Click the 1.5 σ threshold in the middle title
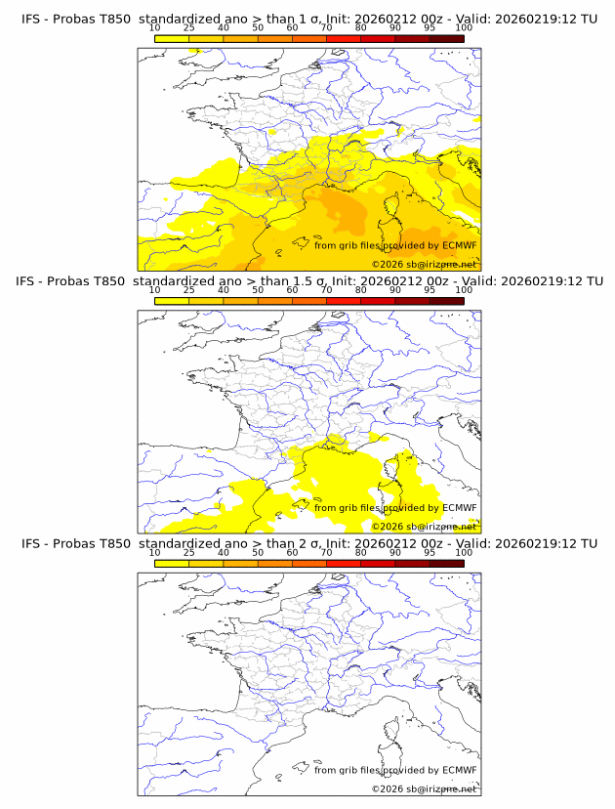[278, 281]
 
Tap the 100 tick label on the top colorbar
[464, 29]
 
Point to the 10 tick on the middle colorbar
[154, 291]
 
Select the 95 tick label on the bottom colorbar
[430, 553]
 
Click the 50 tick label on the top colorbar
[258, 29]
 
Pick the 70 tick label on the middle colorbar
[326, 291]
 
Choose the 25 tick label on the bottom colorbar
[188, 553]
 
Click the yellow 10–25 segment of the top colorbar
[172, 38]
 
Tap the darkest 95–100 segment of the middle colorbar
[446, 300]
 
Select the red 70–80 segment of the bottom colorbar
[343, 562]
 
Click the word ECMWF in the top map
[459, 246]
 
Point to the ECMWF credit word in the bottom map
[459, 770]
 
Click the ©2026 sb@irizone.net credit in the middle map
[424, 526]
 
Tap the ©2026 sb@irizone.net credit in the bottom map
[424, 788]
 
